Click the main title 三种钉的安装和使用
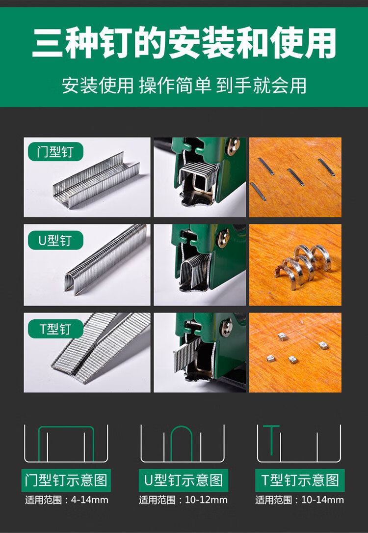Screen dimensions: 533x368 tap(184, 43)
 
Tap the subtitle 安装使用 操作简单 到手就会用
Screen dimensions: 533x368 tap(184, 85)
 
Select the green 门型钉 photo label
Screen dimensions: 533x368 tap(54, 151)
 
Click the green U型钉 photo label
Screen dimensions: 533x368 tap(54, 240)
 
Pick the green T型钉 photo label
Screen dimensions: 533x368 tap(54, 329)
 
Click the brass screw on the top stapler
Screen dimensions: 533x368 tap(233, 146)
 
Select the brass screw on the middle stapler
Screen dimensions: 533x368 tap(223, 238)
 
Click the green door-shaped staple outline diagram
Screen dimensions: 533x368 tap(66, 443)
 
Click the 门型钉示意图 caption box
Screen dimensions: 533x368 tap(66, 480)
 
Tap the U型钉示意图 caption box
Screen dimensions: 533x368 tap(183, 480)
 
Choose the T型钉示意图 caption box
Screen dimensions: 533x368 tap(299, 480)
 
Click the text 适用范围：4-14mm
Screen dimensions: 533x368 tap(66, 500)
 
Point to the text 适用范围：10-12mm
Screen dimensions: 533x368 tap(183, 500)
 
